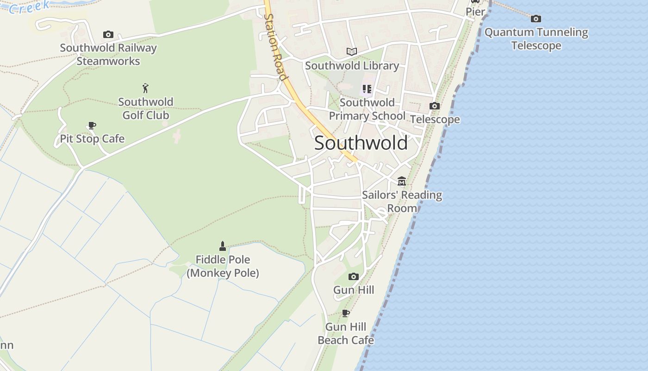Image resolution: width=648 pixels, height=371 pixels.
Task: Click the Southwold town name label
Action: [361, 143]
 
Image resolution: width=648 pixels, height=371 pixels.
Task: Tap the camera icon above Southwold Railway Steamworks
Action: [108, 35]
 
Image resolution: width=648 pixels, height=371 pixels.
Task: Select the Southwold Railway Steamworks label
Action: [108, 54]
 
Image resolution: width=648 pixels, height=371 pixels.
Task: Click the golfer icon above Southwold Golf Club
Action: [146, 88]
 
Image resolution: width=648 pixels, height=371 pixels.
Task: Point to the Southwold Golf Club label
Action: [146, 109]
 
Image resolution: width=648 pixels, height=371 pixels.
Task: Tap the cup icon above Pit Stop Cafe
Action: [92, 126]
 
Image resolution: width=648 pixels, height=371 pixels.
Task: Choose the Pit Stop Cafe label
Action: [92, 139]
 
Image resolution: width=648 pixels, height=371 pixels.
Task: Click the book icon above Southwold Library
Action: [352, 51]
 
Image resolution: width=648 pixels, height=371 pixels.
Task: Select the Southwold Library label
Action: [352, 66]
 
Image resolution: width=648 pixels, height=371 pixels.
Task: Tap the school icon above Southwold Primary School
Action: [367, 89]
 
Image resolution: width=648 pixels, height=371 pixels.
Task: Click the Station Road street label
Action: [275, 46]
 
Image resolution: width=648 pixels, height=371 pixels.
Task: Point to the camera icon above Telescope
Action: [434, 106]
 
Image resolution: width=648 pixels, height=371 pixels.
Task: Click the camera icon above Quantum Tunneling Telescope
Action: [536, 19]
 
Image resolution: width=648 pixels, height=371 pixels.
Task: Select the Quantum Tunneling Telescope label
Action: [536, 39]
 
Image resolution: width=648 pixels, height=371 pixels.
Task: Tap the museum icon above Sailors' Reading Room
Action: [402, 181]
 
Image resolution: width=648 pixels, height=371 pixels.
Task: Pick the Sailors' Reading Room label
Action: [402, 202]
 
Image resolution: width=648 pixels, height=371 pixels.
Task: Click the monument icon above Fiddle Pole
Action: [223, 246]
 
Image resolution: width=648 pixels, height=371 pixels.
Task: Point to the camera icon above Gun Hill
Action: [354, 277]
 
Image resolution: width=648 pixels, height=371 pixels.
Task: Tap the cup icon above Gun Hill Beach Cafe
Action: [345, 313]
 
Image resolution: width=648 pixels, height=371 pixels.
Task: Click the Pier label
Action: [475, 12]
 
